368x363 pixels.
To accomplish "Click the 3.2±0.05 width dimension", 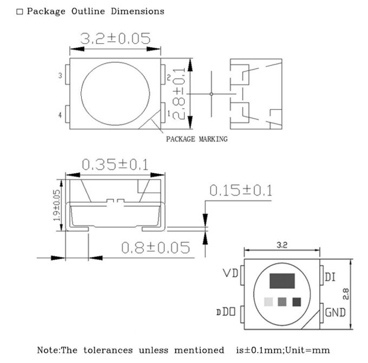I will pos(115,39).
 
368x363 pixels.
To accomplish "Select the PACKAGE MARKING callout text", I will pos(196,139).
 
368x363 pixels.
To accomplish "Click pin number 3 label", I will pos(60,76).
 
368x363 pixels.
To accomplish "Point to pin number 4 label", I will pos(60,115).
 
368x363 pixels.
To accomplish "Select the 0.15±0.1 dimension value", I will pos(240,191).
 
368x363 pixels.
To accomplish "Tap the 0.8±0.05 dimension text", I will pos(156,248).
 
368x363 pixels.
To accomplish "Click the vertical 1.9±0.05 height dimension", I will pos(56,209).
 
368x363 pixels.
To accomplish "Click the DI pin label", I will pos(330,277).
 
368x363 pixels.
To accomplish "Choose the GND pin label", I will pos(336,313).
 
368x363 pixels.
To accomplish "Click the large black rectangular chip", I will pos(282,281).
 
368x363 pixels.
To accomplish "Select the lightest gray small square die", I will pos(268,302).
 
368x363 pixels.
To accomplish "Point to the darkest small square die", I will pos(296,302).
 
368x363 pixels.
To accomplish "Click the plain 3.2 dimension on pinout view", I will pos(281,245).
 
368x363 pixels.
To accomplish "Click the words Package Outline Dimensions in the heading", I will pos(95,11).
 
